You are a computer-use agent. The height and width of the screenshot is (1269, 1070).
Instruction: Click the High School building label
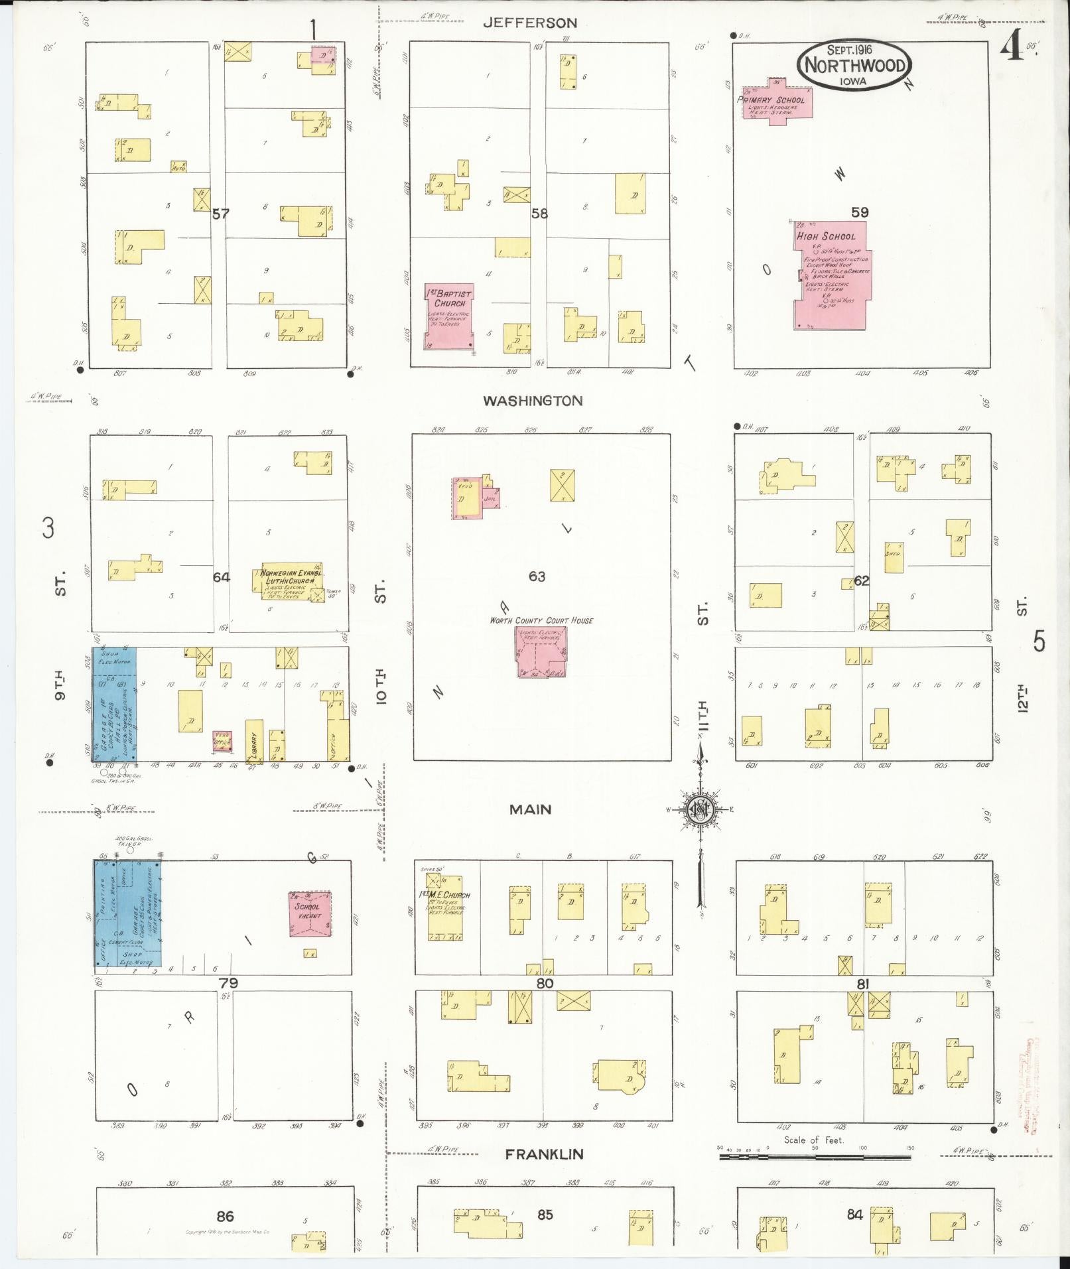pyautogui.click(x=826, y=236)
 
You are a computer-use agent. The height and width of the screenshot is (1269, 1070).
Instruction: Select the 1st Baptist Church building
pyautogui.click(x=449, y=316)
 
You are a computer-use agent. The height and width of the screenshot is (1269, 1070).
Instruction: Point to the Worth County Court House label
pyautogui.click(x=541, y=620)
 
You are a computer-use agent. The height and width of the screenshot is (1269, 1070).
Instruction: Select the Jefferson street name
pyautogui.click(x=529, y=23)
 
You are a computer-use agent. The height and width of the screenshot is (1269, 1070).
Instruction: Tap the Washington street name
pyautogui.click(x=533, y=401)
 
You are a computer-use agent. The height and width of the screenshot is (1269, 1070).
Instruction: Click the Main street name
pyautogui.click(x=530, y=809)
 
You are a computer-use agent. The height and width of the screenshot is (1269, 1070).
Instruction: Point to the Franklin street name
pyautogui.click(x=544, y=1154)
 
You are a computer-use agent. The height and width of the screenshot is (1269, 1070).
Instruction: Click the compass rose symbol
pyautogui.click(x=701, y=809)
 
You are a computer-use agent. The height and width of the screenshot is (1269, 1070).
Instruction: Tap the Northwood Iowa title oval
pyautogui.click(x=854, y=65)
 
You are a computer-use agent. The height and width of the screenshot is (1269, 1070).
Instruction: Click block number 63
pyautogui.click(x=537, y=576)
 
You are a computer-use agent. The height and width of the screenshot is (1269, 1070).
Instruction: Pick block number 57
pyautogui.click(x=220, y=214)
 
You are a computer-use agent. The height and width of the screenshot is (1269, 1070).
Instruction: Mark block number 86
pyautogui.click(x=225, y=1216)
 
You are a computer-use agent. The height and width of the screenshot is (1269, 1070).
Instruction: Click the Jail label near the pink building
pyautogui.click(x=491, y=498)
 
